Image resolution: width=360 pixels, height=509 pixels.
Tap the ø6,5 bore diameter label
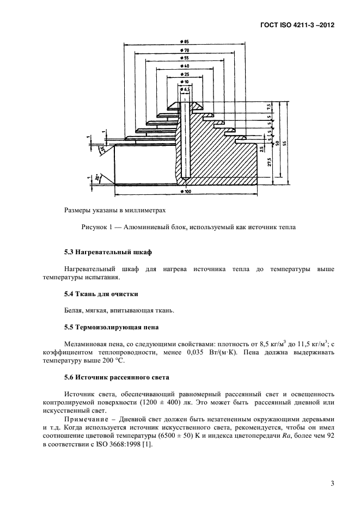click(x=184, y=89)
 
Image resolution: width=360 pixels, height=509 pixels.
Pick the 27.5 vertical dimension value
click(x=270, y=163)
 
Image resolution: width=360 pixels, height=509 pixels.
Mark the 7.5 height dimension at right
click(x=270, y=107)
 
